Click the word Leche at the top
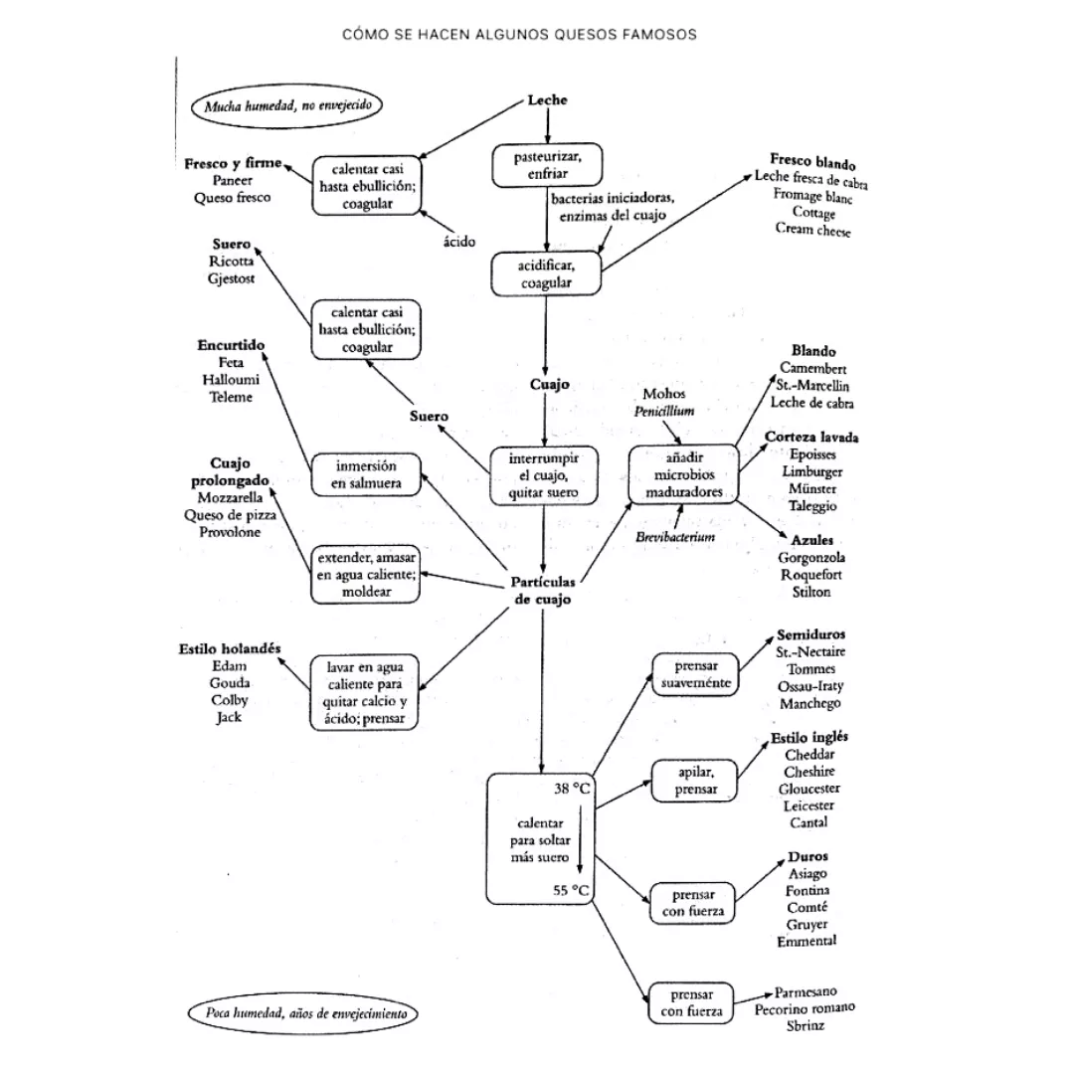(547, 100)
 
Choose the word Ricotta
(231, 262)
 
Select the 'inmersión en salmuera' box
(365, 474)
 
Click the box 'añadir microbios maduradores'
(684, 475)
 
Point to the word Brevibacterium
(676, 537)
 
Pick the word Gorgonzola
(812, 558)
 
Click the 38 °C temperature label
(572, 789)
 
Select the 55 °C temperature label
(572, 891)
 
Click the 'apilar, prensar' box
(695, 781)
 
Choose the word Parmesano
(805, 991)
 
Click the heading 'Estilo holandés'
(230, 648)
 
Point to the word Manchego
(810, 703)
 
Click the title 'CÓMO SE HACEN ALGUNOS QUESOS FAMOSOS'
(519, 34)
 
